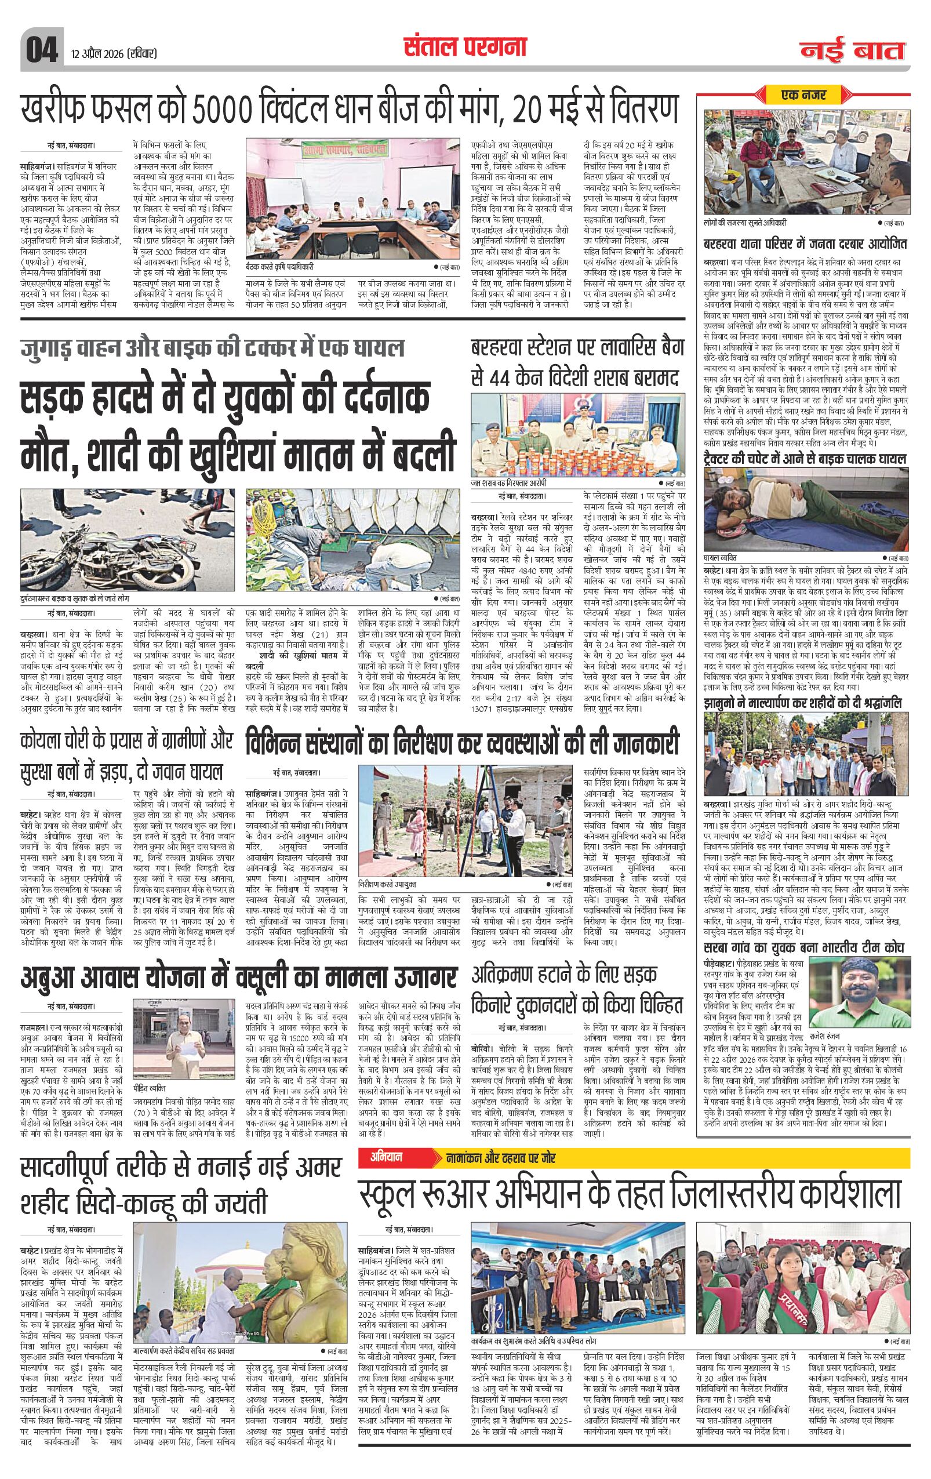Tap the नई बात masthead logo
point(856,52)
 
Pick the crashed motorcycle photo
point(128,540)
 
